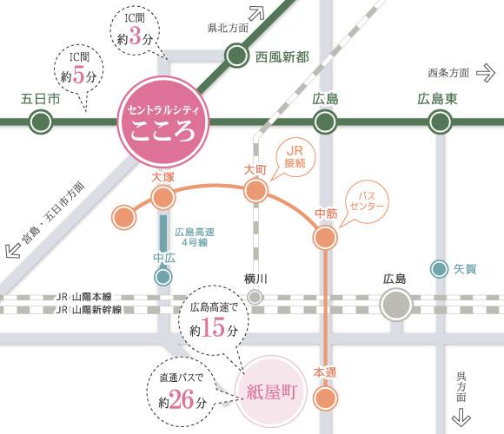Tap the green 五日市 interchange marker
pyautogui.click(x=40, y=123)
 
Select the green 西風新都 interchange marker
pyautogui.click(x=237, y=57)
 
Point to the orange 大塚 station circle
pyautogui.click(x=162, y=198)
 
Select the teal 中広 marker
pyautogui.click(x=162, y=277)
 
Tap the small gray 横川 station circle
pyautogui.click(x=255, y=297)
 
